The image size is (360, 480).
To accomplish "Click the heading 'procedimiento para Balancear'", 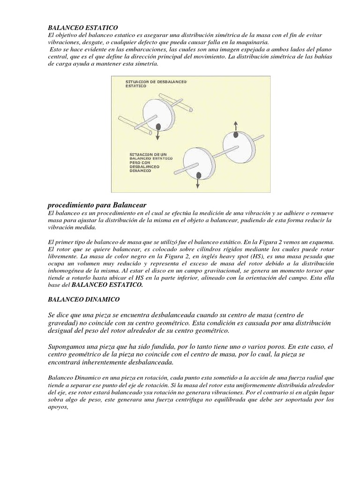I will coord(97,205).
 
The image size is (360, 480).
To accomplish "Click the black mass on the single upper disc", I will coord(159,127).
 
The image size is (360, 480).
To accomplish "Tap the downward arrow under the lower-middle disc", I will coord(198,184).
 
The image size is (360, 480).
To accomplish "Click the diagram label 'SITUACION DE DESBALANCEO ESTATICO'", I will coord(156,84).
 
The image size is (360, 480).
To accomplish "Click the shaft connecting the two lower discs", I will coord(219,152).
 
